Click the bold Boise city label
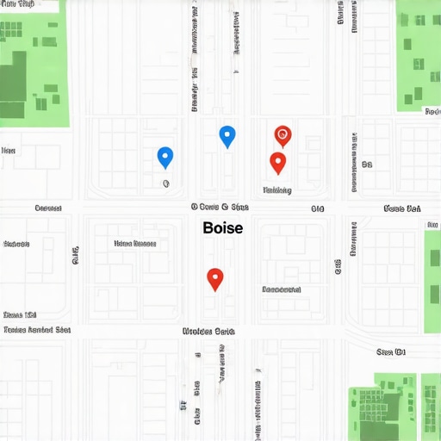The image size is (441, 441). tap(222, 228)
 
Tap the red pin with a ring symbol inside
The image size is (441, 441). tap(283, 135)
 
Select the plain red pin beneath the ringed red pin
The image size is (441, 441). tap(277, 162)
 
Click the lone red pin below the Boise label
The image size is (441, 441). tap(215, 278)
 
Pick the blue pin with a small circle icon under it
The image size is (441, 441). tap(165, 157)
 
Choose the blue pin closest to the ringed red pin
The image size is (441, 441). tap(227, 135)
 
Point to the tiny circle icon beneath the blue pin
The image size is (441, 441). tap(165, 183)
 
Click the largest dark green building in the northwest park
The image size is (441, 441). tap(13, 83)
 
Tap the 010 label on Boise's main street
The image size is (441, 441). tap(318, 208)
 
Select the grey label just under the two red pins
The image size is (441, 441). tap(277, 190)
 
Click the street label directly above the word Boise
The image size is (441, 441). tap(219, 208)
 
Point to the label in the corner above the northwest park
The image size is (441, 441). tap(18, 5)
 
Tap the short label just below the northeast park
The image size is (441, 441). tap(432, 111)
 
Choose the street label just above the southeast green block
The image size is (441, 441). tap(390, 351)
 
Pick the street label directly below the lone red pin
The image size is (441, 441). tap(208, 331)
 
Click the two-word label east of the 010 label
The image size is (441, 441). tap(401, 208)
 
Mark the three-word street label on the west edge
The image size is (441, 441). tap(37, 330)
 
